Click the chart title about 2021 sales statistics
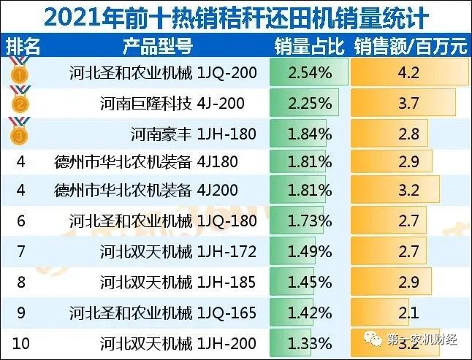(235, 15)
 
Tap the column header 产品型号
(157, 47)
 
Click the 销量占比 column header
(309, 47)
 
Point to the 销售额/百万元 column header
(411, 47)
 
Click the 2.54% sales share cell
(309, 73)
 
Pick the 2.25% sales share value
(309, 104)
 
